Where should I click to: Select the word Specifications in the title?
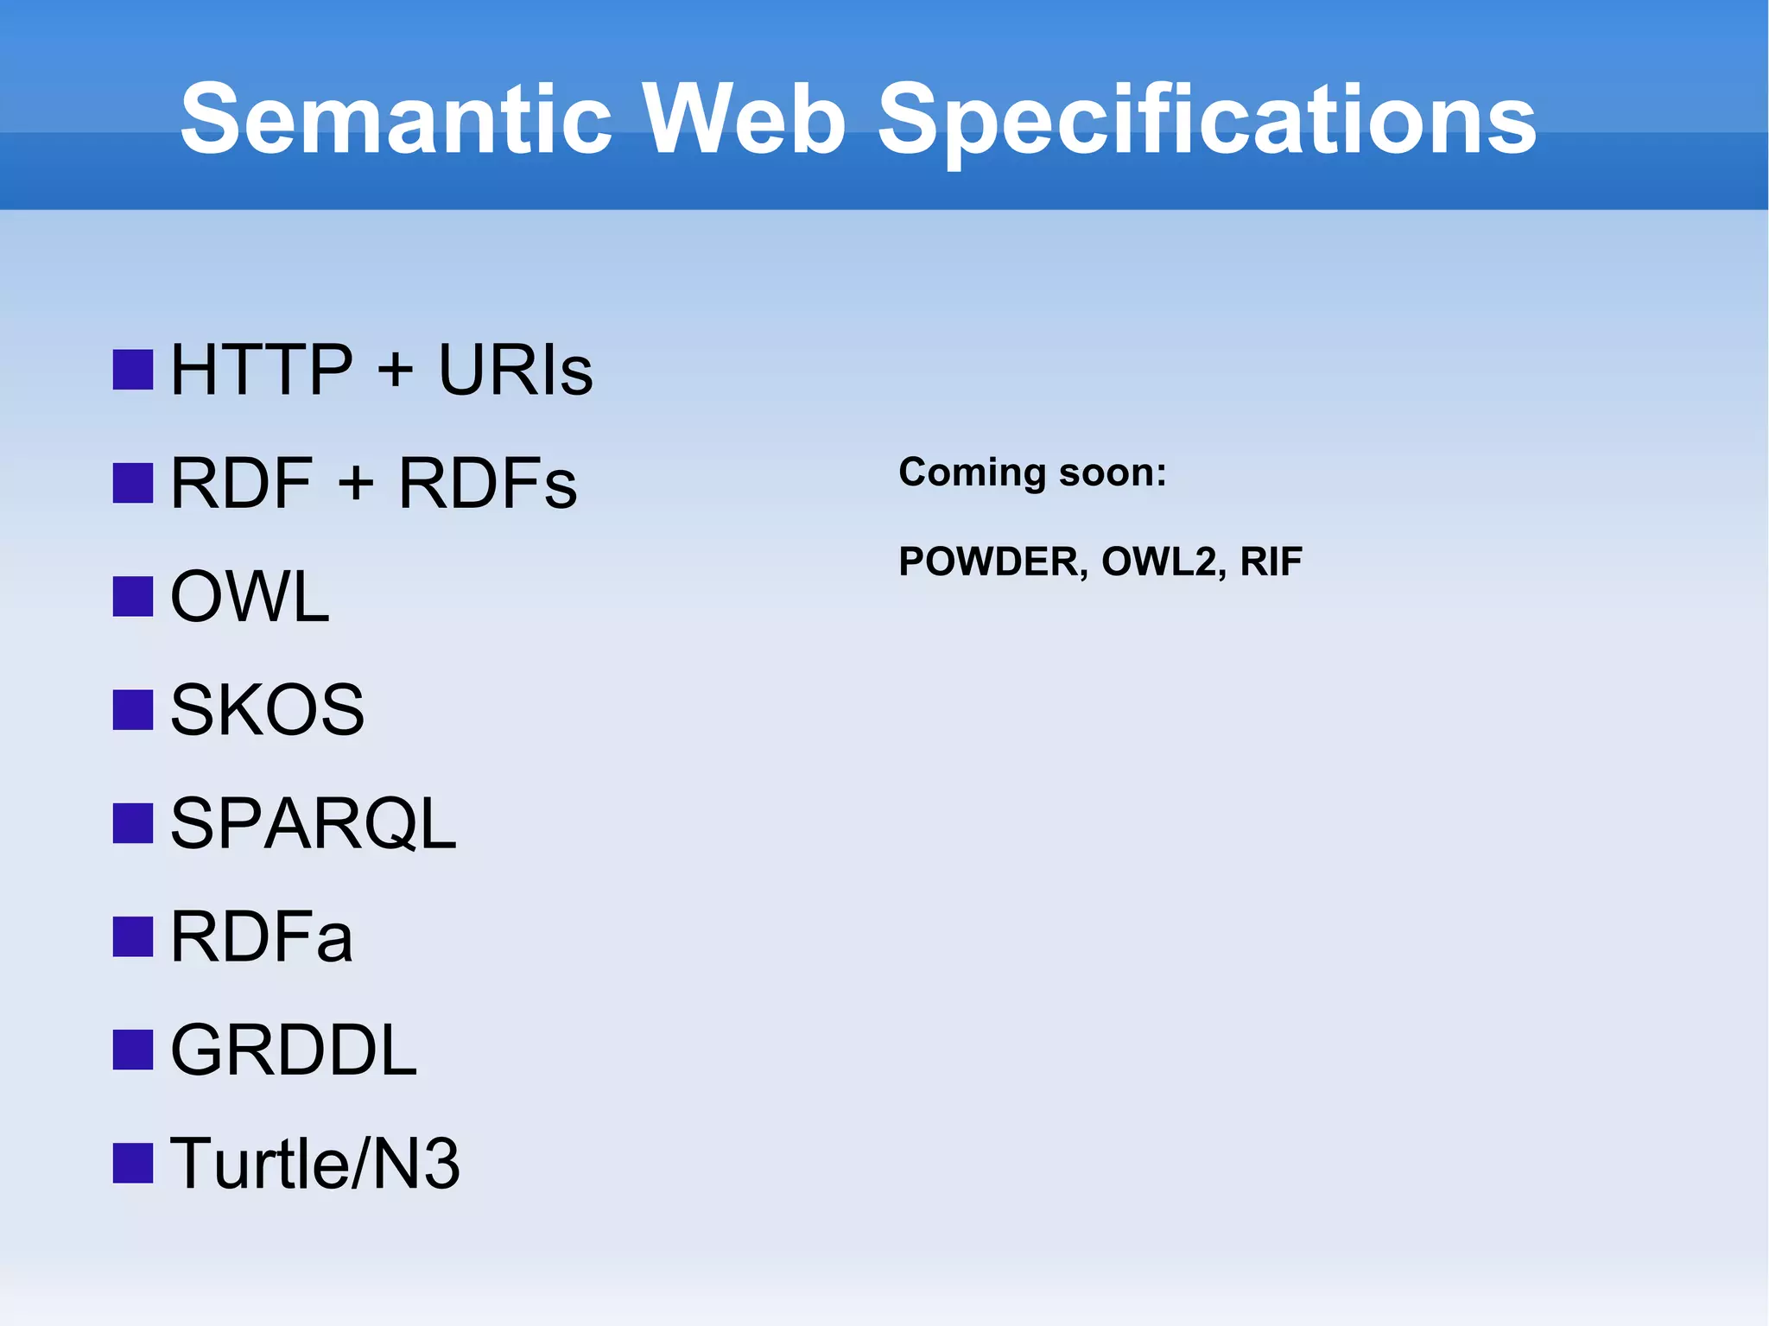tap(1207, 121)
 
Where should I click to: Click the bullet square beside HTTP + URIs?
tap(133, 370)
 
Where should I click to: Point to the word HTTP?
tap(262, 370)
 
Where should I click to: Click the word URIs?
tap(516, 370)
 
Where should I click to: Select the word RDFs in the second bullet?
tap(487, 483)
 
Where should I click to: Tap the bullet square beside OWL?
tap(133, 597)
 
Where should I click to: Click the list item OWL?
tap(250, 597)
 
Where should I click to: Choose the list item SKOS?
tap(267, 710)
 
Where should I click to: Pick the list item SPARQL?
tap(313, 823)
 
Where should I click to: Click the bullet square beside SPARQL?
tap(133, 823)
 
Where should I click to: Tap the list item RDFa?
tap(262, 937)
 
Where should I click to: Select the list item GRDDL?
tap(294, 1050)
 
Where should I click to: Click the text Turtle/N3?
tap(315, 1164)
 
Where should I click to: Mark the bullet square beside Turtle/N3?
tap(133, 1164)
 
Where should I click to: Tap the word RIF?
tap(1271, 562)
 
